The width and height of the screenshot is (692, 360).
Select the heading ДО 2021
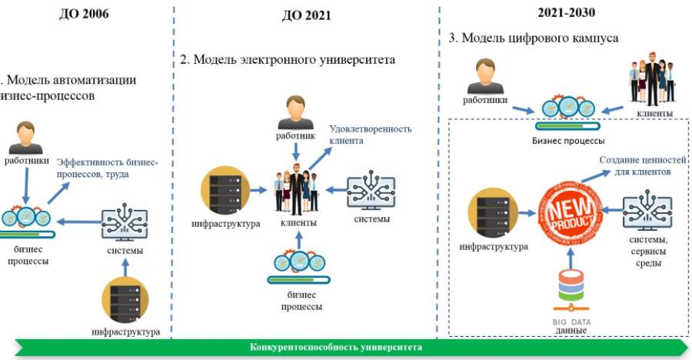coord(307,15)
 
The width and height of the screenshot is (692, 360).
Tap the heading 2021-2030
coord(567,13)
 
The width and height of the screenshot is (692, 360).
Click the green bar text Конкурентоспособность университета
coord(336,347)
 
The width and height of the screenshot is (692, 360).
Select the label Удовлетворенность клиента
coord(371,135)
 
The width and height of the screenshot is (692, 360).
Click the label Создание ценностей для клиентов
coord(635,165)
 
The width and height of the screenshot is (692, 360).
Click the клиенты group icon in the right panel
coord(652,78)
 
